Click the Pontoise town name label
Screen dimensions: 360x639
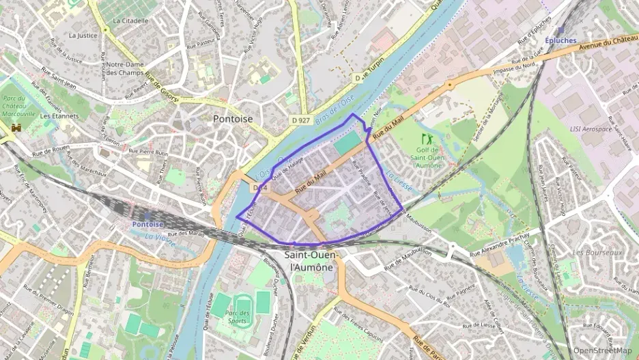pyautogui.click(x=233, y=119)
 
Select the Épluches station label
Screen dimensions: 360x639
pyautogui.click(x=561, y=31)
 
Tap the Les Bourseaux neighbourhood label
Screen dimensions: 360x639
pyautogui.click(x=597, y=252)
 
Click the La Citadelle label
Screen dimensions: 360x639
pyautogui.click(x=130, y=20)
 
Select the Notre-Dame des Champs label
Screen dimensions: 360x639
pyautogui.click(x=125, y=68)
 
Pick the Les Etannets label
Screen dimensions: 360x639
pyautogui.click(x=59, y=116)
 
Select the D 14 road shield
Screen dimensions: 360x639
pyautogui.click(x=259, y=187)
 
